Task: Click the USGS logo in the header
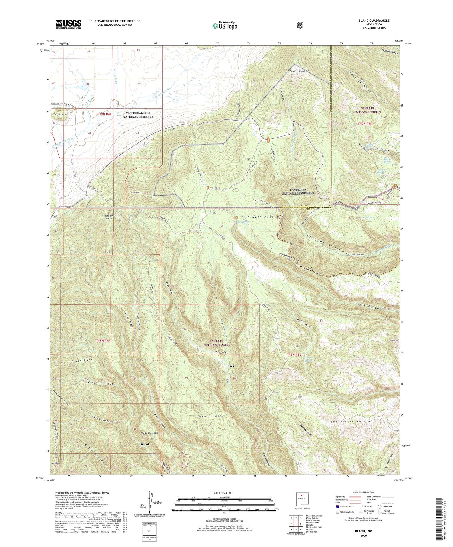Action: (x=68, y=24)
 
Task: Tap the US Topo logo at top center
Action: (x=225, y=26)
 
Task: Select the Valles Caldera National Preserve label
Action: (x=138, y=115)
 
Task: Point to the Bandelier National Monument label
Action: (x=298, y=192)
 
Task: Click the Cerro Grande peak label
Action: (x=299, y=71)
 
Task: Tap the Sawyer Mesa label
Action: (x=261, y=217)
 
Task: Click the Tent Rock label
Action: (x=220, y=352)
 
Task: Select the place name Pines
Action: (x=230, y=366)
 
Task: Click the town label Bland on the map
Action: (x=145, y=444)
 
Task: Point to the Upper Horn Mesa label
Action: (x=150, y=433)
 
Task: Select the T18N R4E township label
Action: (x=103, y=341)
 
